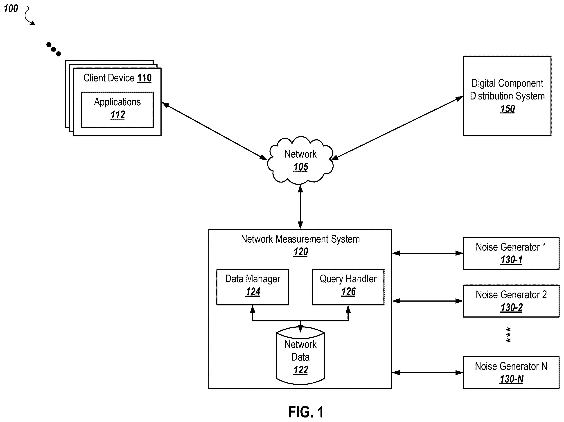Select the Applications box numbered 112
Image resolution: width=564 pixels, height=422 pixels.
[x=117, y=110]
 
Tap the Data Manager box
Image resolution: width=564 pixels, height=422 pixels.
[x=253, y=287]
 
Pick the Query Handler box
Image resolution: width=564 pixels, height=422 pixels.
[x=348, y=287]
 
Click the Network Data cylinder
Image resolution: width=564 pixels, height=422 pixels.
[x=300, y=355]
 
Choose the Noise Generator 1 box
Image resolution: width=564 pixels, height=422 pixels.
[x=511, y=253]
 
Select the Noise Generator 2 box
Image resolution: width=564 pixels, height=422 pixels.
[x=511, y=301]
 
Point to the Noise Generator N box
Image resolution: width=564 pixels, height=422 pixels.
[x=511, y=372]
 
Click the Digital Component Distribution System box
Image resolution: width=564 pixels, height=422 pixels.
[x=507, y=96]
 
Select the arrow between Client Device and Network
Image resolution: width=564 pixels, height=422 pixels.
[x=214, y=131]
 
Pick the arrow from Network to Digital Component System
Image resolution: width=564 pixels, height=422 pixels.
[x=397, y=128]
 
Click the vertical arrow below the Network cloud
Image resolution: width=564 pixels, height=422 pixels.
[x=300, y=207]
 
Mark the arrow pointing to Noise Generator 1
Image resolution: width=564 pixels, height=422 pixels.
[x=427, y=253]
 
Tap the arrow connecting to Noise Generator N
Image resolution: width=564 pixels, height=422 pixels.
[x=427, y=372]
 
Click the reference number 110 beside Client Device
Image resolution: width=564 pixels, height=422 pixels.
[x=144, y=78]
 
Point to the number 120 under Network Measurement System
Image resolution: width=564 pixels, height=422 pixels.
[x=301, y=252]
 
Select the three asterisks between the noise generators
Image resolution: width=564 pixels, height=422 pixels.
[x=508, y=335]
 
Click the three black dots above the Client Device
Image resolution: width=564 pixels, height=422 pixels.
[x=54, y=49]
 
